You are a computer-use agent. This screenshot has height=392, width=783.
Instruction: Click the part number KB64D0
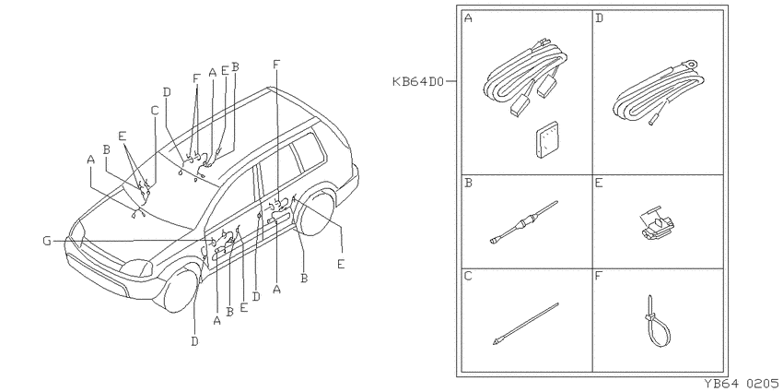pyautogui.click(x=417, y=81)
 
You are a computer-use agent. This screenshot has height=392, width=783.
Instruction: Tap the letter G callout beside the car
pyautogui.click(x=47, y=242)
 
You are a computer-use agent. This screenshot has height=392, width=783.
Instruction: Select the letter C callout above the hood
pyautogui.click(x=155, y=110)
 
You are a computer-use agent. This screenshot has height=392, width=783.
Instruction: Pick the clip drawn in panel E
pyautogui.click(x=657, y=223)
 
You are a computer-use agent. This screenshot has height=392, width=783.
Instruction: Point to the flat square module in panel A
pyautogui.click(x=547, y=139)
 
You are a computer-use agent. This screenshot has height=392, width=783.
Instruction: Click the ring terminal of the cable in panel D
pyautogui.click(x=691, y=64)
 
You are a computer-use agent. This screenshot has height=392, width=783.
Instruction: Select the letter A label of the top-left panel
pyautogui.click(x=468, y=18)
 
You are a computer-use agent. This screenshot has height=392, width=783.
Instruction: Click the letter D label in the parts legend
pyautogui.click(x=600, y=18)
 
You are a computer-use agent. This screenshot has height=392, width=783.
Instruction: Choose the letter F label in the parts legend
pyautogui.click(x=600, y=276)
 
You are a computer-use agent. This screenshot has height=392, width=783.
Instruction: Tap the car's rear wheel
pyautogui.click(x=315, y=211)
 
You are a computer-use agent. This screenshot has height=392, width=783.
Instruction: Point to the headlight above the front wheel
pyautogui.click(x=136, y=268)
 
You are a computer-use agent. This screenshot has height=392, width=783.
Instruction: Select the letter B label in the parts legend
pyautogui.click(x=468, y=183)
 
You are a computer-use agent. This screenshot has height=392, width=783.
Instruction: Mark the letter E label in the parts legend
pyautogui.click(x=600, y=183)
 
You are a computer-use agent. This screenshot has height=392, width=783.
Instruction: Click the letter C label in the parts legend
pyautogui.click(x=468, y=276)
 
